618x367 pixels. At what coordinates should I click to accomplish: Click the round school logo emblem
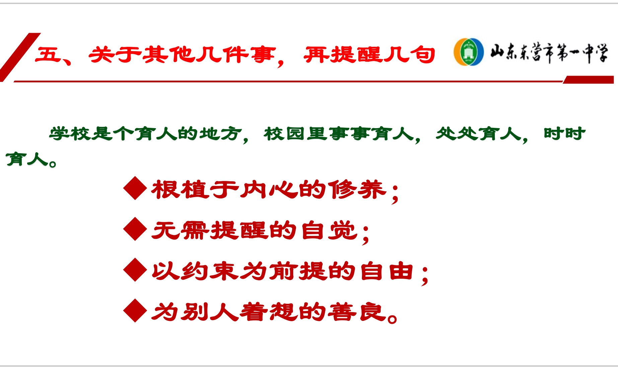point(468,52)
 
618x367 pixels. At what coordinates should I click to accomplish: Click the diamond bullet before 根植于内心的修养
point(135,188)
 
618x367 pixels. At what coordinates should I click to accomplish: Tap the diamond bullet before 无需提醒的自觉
point(135,229)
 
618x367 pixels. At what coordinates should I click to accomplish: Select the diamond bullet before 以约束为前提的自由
point(135,270)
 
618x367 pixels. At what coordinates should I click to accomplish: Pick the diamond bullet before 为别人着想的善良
point(135,310)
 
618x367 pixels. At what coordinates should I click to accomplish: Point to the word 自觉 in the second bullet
point(329,230)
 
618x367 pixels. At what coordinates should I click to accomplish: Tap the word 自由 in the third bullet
point(387,271)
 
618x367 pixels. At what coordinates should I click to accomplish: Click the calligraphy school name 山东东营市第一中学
point(549,53)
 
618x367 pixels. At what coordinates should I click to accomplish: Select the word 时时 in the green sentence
point(565,133)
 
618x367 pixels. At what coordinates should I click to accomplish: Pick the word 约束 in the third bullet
point(210,271)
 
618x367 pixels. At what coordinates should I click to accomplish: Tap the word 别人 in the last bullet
point(210,312)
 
